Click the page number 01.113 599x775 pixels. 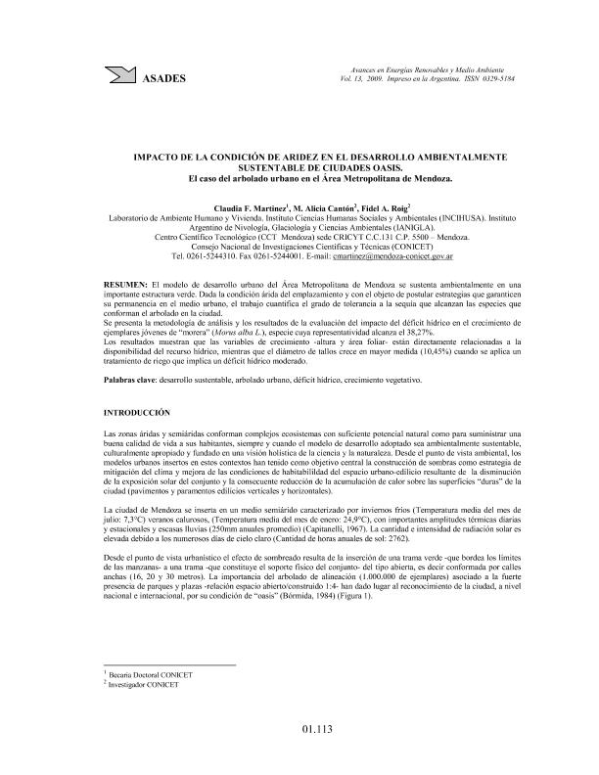pyautogui.click(x=299, y=728)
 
